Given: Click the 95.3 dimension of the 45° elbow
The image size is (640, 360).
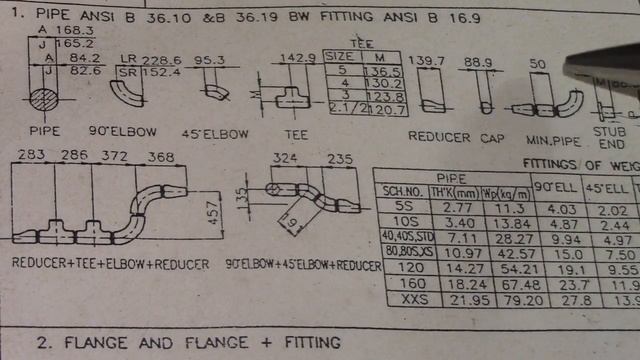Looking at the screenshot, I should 208,59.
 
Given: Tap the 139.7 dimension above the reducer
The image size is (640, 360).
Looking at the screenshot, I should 430,62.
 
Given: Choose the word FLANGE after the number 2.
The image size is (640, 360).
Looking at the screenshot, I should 103,342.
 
